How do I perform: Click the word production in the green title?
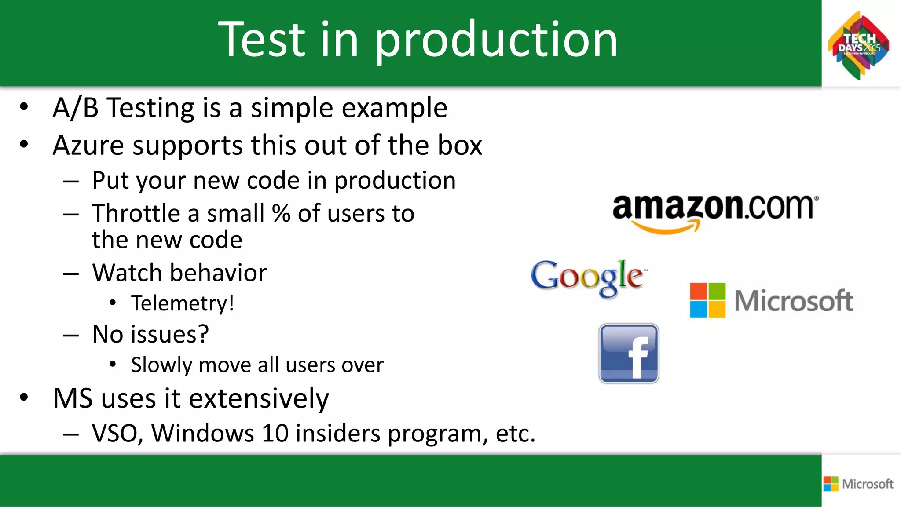[x=496, y=40]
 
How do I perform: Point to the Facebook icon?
[x=629, y=354]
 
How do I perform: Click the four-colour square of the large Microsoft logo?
[x=707, y=300]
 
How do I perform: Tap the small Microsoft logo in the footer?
[x=858, y=484]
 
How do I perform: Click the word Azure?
[x=88, y=146]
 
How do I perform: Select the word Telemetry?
[x=183, y=303]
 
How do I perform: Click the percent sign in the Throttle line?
[x=281, y=214]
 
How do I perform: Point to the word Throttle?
[x=136, y=214]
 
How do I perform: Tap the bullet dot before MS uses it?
[x=24, y=397]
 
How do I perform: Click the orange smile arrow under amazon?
[x=666, y=227]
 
